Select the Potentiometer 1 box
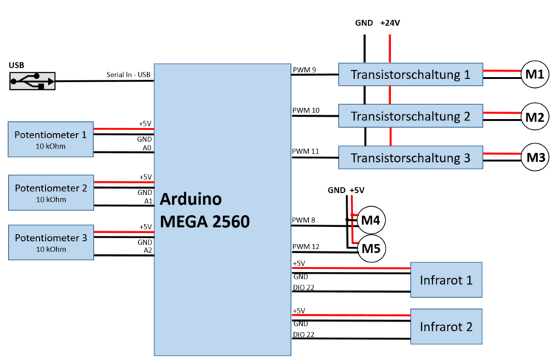coord(50,140)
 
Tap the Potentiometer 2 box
coord(50,193)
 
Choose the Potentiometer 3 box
coord(50,242)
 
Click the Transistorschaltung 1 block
coord(410,75)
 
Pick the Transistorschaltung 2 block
coord(410,116)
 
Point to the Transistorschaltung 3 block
coord(410,157)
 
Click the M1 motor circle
coord(534,74)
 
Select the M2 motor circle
coord(534,116)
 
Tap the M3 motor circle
coord(534,157)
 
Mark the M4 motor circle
coord(372,220)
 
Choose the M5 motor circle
coord(372,249)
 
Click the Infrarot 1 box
coord(446,279)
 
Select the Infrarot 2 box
coord(446,326)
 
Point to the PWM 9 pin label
coord(304,70)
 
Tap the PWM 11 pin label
coord(306,152)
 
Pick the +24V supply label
coord(390,23)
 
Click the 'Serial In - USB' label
coord(129,74)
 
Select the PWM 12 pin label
coord(306,247)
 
